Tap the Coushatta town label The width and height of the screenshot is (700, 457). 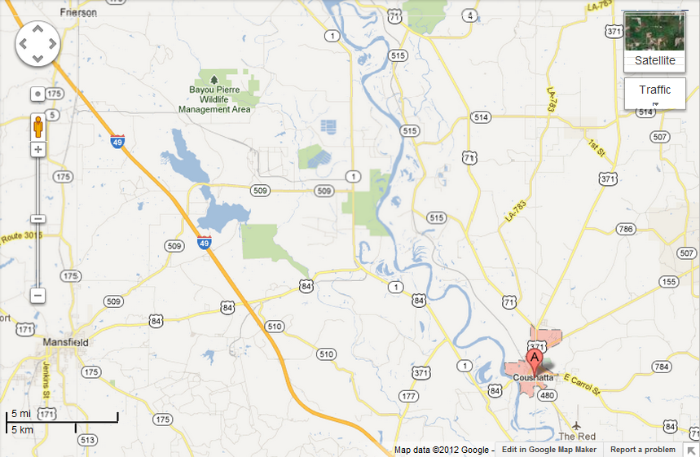pyautogui.click(x=534, y=378)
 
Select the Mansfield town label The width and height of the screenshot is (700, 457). pyautogui.click(x=66, y=343)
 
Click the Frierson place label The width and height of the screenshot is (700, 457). pyautogui.click(x=78, y=13)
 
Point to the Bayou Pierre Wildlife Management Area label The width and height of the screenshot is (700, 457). pyautogui.click(x=214, y=99)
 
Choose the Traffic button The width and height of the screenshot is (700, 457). pyautogui.click(x=654, y=90)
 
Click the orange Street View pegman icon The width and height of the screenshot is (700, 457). pyautogui.click(x=37, y=127)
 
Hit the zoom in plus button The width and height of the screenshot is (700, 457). pyautogui.click(x=37, y=150)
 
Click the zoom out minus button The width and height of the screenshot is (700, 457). pyautogui.click(x=37, y=296)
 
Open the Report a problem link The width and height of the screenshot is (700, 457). pyautogui.click(x=642, y=450)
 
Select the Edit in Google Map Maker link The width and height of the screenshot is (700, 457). pyautogui.click(x=548, y=450)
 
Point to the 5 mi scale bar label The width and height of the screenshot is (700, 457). pyautogui.click(x=20, y=414)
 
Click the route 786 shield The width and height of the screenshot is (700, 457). pyautogui.click(x=626, y=229)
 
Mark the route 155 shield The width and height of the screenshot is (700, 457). pyautogui.click(x=668, y=282)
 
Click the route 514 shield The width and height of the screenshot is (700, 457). pyautogui.click(x=481, y=117)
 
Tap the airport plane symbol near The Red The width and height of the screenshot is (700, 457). pyautogui.click(x=577, y=425)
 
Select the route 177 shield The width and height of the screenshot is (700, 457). pyautogui.click(x=408, y=396)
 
